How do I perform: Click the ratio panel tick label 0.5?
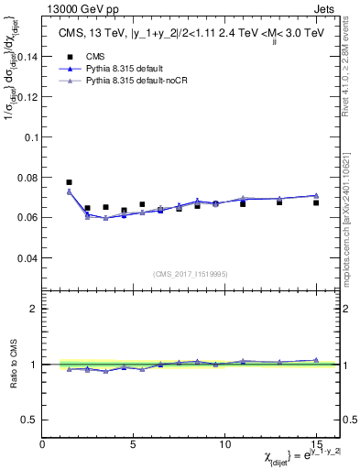[28, 420]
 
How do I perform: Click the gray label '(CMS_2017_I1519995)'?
[191, 272]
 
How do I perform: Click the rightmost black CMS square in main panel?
[316, 202]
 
